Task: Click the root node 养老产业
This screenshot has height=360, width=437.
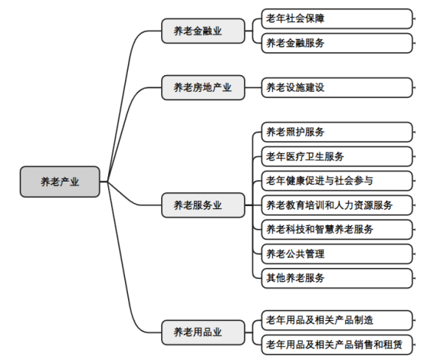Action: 60,182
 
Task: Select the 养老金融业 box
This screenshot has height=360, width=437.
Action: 203,31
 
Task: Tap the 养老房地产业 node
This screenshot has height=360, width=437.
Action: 203,87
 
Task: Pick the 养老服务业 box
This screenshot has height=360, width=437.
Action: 203,205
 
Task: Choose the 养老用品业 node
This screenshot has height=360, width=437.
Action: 203,332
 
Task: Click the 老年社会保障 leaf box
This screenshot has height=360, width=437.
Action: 337,18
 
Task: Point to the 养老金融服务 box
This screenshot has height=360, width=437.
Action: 337,43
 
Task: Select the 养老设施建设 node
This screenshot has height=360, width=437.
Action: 337,87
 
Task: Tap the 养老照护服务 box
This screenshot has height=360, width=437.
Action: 337,132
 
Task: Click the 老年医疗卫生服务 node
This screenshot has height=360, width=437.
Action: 337,156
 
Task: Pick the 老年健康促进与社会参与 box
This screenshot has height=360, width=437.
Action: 337,181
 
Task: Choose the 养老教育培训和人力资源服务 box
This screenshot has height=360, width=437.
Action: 337,205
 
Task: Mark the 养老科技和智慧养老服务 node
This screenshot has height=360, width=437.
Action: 337,230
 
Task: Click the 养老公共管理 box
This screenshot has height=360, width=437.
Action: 337,254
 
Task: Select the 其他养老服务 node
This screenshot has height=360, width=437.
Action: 337,278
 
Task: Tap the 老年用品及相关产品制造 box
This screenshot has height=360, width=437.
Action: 337,320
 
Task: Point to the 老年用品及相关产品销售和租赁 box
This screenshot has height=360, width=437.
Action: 337,345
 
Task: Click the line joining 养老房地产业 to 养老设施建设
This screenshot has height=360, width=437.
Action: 253,87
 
